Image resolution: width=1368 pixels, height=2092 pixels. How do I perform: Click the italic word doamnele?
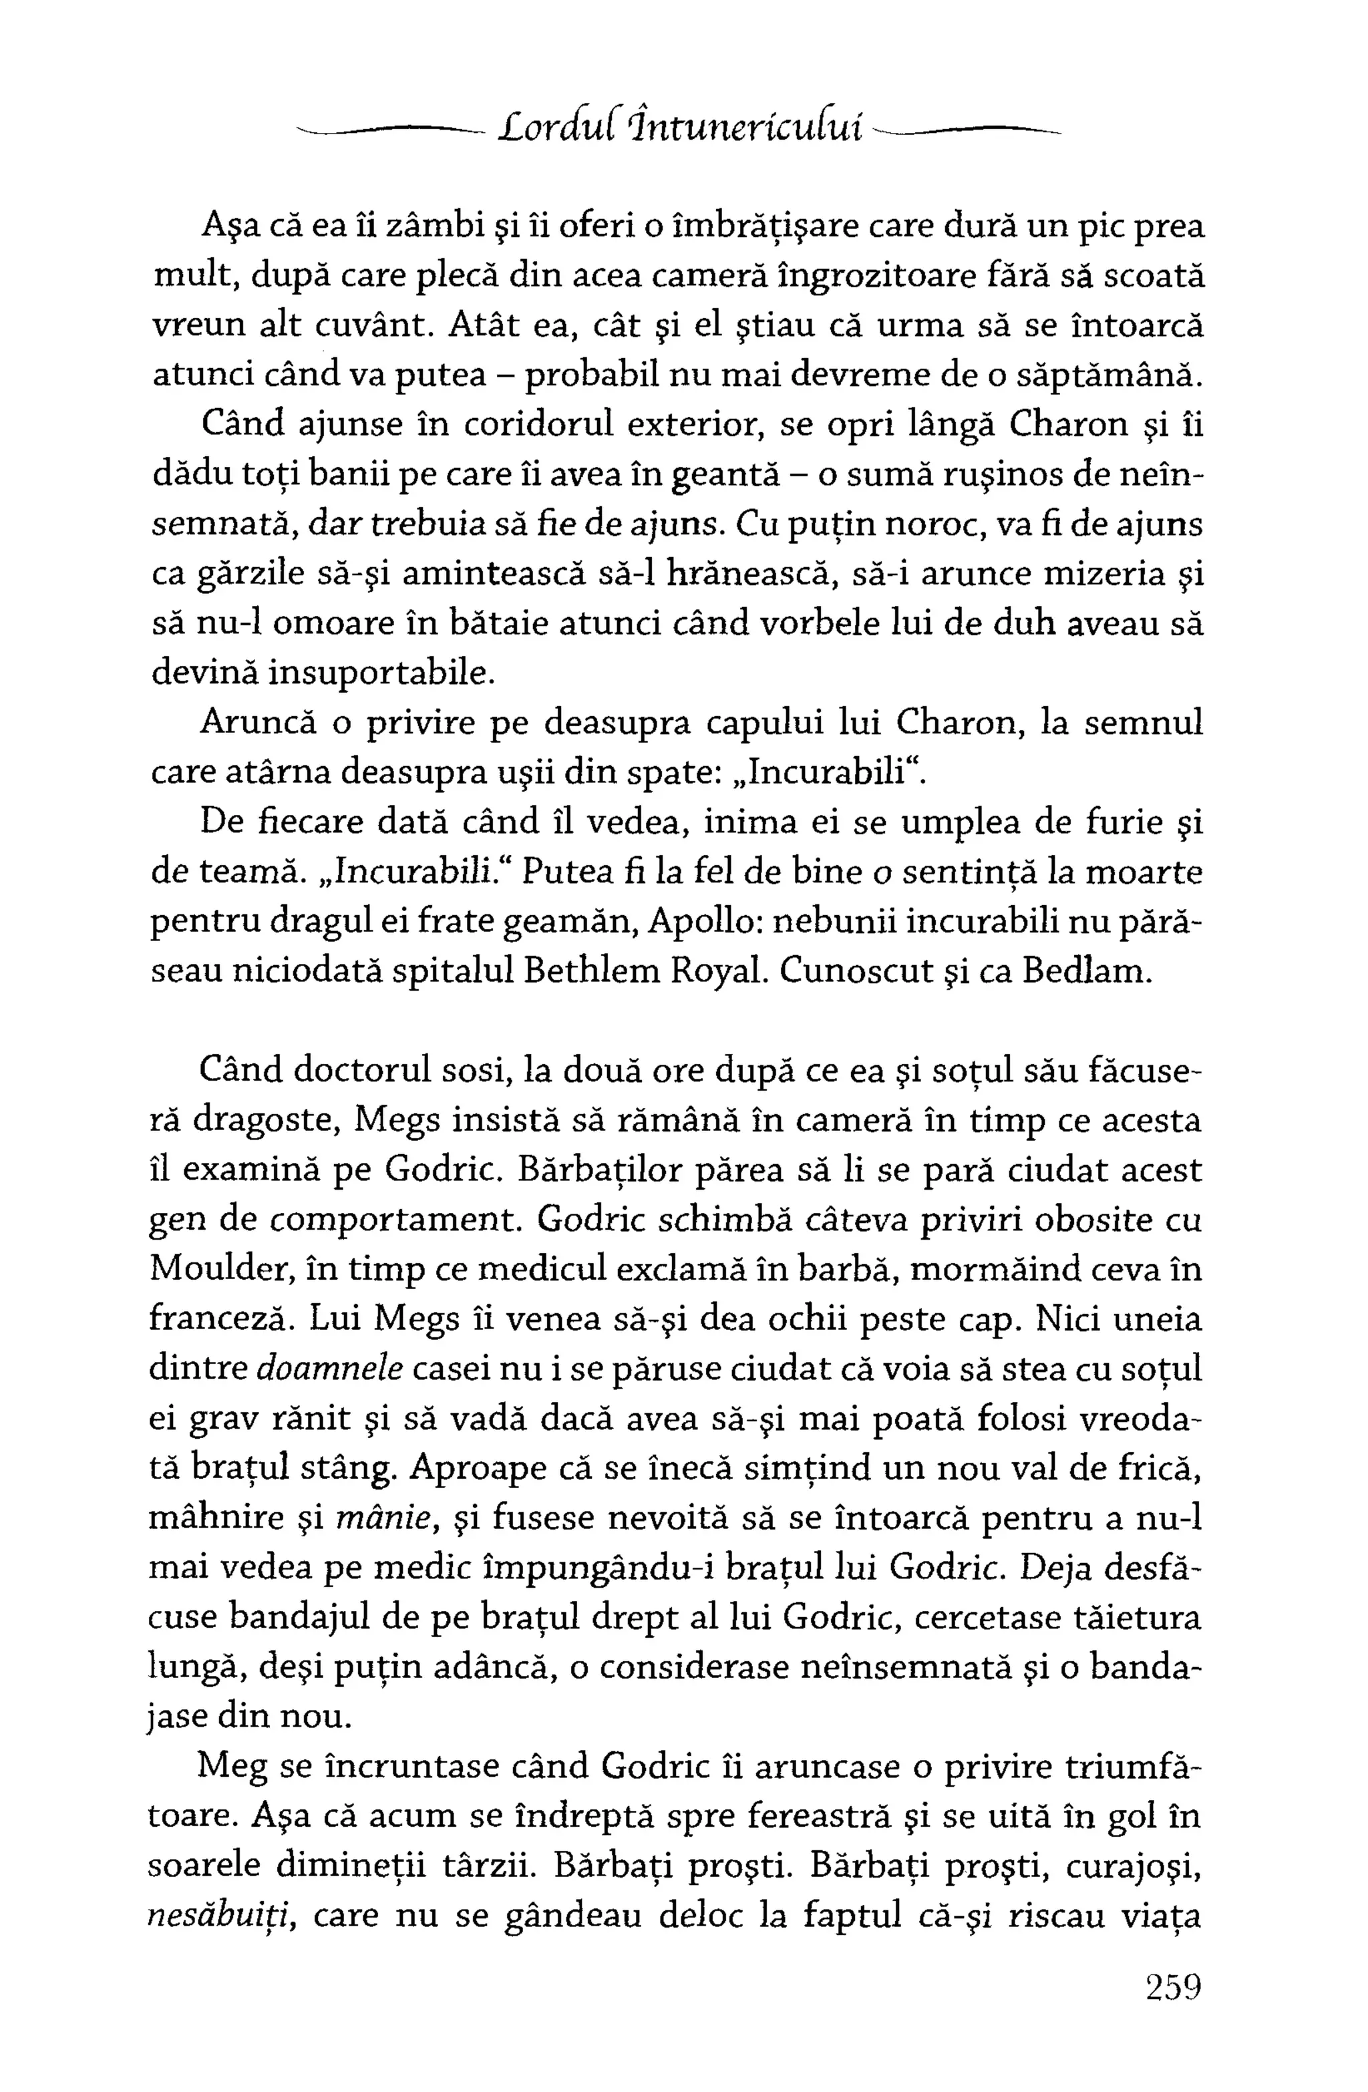pos(330,1369)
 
